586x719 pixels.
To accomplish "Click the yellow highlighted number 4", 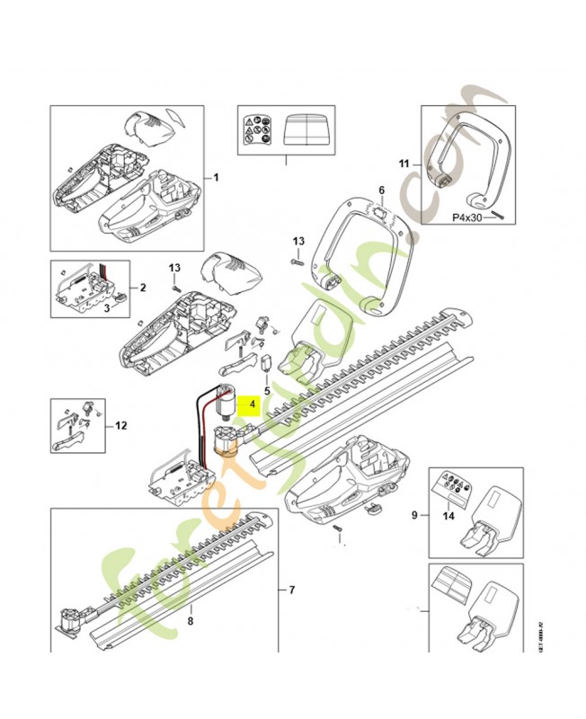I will click(253, 405).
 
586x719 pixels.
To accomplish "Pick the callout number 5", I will click(266, 391).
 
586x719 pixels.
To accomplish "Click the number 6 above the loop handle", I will click(380, 191).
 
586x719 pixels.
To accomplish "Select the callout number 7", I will click(291, 590).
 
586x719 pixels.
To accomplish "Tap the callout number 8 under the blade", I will click(190, 621).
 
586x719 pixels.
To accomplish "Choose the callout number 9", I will click(413, 515).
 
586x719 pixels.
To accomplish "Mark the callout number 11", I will click(404, 164).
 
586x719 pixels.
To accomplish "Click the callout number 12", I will click(122, 424).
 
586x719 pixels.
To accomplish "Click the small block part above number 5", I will click(266, 364).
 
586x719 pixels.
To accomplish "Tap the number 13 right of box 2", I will click(176, 268).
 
